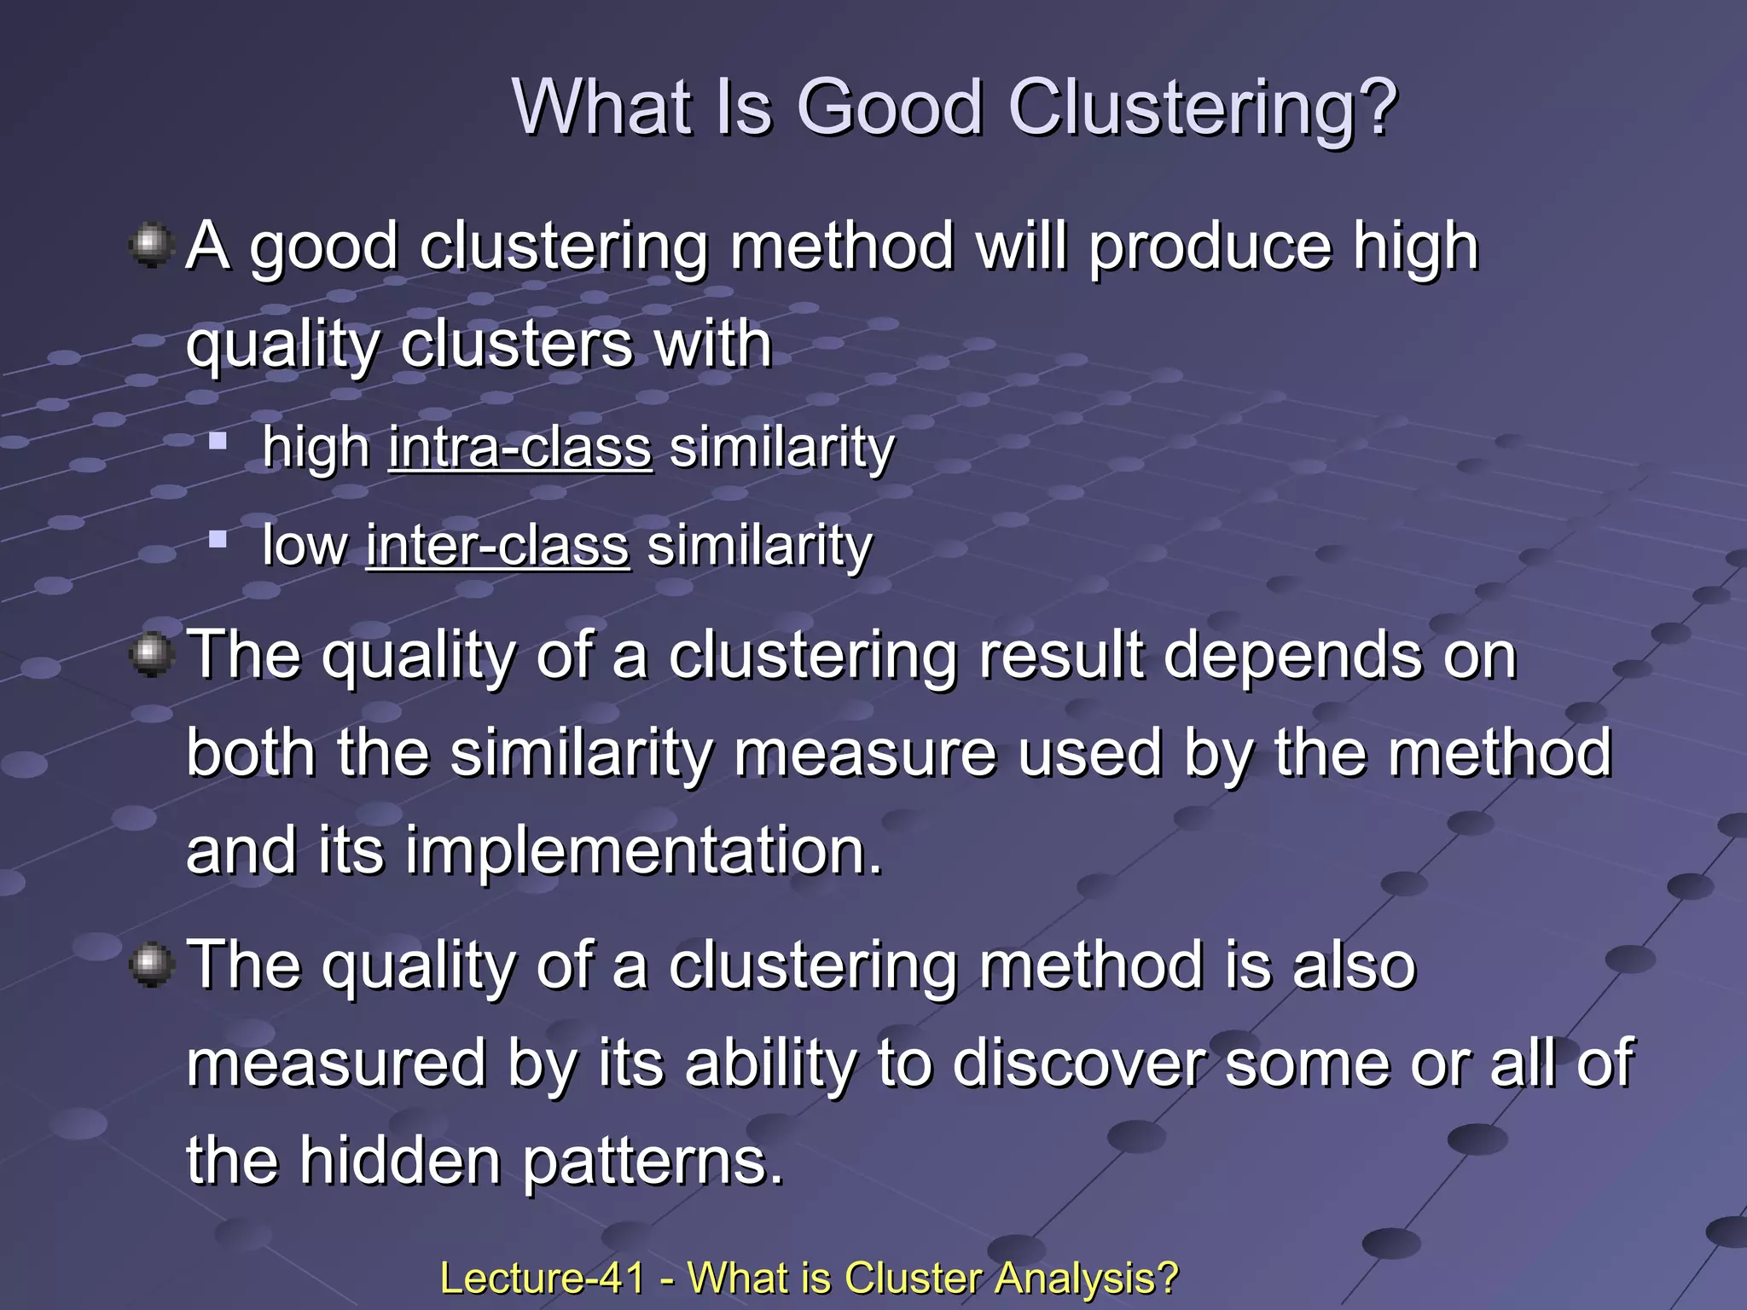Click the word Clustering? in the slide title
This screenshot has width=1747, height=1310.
(x=1203, y=109)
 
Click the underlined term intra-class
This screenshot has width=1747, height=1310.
(x=520, y=448)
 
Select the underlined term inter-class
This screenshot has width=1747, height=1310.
(x=497, y=546)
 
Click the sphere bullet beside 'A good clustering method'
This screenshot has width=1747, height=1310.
(x=152, y=246)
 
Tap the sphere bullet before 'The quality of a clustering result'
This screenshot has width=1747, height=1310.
(x=152, y=655)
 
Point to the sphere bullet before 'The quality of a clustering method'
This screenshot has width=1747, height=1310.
(x=152, y=965)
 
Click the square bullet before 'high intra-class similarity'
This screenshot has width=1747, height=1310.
(x=218, y=441)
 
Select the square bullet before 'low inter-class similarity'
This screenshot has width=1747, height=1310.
(x=218, y=539)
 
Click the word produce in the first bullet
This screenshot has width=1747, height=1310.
(x=1210, y=248)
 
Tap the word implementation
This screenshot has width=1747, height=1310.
(x=643, y=850)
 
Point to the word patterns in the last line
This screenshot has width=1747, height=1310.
(x=653, y=1163)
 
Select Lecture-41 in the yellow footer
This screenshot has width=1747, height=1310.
(x=542, y=1278)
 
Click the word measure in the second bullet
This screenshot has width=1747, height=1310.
(x=864, y=754)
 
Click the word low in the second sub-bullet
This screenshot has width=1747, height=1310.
(x=305, y=546)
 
